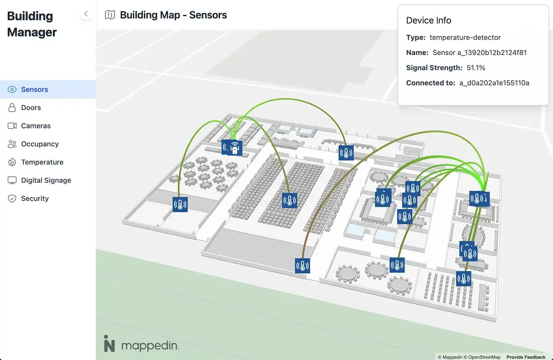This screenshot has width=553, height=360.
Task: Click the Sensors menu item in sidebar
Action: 35,90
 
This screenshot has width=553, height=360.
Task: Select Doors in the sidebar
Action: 31,108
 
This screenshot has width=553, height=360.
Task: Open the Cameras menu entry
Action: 36,126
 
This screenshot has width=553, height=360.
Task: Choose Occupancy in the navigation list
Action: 40,144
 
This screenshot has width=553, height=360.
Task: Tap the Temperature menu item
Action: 42,162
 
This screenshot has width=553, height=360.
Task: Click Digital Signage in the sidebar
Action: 46,180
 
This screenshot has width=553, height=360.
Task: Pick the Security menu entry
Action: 35,199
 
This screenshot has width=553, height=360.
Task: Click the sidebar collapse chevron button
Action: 86,14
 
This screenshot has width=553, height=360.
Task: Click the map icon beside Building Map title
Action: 109,15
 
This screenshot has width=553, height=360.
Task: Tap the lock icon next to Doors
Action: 12,108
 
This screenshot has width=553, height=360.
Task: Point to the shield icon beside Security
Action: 12,199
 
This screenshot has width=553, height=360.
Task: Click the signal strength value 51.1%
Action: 476,68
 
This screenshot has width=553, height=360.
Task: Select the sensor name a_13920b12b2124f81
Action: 479,53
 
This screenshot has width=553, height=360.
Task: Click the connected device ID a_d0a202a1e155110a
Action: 494,83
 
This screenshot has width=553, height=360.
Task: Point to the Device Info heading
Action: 428,20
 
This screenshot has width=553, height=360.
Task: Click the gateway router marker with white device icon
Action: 235,148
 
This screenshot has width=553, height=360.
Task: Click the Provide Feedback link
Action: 526,357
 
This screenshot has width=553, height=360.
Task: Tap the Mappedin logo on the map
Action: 141,345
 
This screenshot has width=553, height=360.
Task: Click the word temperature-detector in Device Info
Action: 465,38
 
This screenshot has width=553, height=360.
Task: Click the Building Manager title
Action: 32,24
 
